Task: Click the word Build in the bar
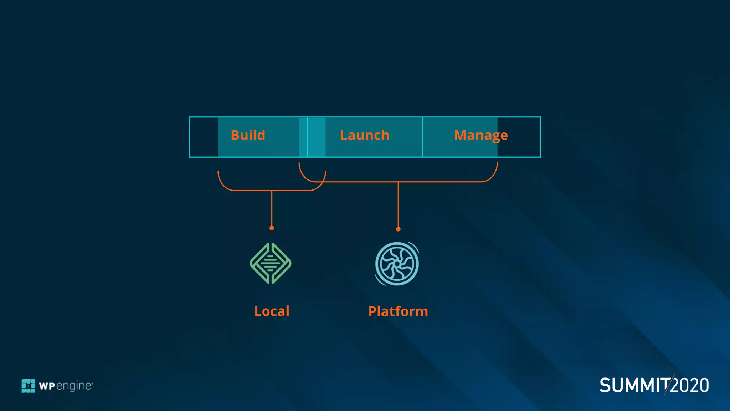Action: click(248, 136)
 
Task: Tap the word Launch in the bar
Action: click(365, 136)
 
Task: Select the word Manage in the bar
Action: click(481, 136)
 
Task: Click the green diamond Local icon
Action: click(271, 264)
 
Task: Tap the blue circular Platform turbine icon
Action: click(397, 264)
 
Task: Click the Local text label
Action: click(272, 311)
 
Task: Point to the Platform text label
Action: click(398, 311)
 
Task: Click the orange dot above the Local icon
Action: click(272, 228)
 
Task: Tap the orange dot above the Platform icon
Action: click(398, 229)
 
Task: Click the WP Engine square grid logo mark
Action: click(29, 386)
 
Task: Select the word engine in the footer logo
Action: click(74, 386)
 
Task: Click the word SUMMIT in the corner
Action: click(634, 386)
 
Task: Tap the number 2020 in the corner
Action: click(690, 386)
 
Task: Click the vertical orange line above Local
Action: click(272, 209)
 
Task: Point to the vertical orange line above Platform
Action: click(398, 205)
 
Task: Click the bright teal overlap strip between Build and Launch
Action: click(316, 137)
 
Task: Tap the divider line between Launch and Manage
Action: click(422, 137)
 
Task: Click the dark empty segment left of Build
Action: click(204, 137)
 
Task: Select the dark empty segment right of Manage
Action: click(519, 137)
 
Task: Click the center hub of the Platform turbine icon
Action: click(397, 264)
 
